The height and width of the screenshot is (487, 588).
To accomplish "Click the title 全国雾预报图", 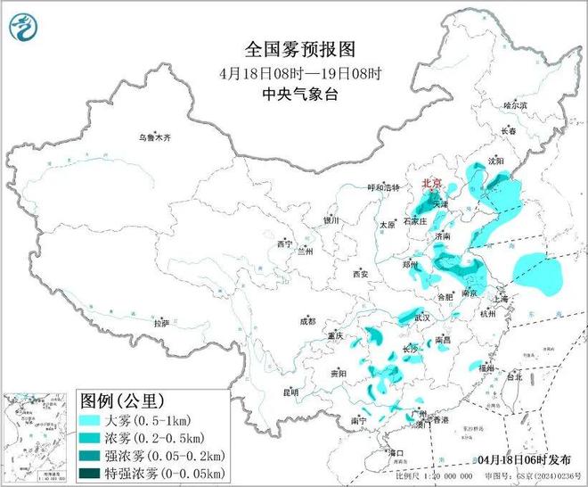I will click(293, 48).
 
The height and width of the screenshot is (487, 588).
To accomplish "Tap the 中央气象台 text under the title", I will click(293, 92).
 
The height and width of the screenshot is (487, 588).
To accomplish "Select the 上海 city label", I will click(510, 299).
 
